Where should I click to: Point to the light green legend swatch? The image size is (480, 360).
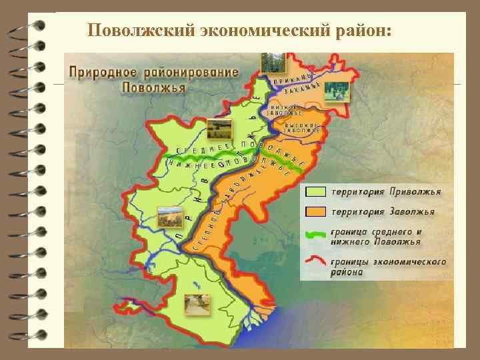click(x=316, y=192)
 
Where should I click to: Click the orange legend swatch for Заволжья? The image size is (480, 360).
click(x=316, y=211)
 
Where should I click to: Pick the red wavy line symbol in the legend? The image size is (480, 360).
click(x=316, y=262)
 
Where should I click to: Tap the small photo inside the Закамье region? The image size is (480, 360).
click(x=337, y=92)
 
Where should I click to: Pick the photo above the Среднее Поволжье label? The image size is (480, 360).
click(x=219, y=127)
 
